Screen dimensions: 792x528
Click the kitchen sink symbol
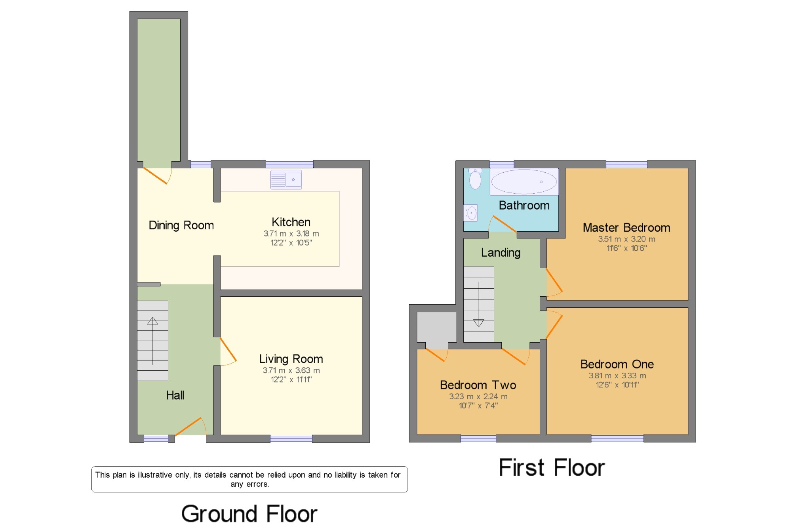286,179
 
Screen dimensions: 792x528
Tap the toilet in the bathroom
475,179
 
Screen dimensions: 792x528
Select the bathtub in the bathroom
524,182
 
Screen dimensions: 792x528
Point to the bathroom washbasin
471,213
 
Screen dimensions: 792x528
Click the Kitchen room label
291,222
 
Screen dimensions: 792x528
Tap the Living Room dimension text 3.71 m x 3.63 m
291,370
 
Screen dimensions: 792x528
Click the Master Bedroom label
626,228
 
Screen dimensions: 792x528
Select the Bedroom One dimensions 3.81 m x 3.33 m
617,376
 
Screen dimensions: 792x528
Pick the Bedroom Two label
478,385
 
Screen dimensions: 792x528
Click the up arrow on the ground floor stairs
152,341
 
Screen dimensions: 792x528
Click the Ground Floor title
249,514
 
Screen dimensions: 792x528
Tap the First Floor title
552,467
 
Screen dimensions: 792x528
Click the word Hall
175,395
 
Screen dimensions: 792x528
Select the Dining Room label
181,225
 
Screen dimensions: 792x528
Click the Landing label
501,253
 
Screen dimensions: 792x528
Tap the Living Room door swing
228,351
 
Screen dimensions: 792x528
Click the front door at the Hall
191,427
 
